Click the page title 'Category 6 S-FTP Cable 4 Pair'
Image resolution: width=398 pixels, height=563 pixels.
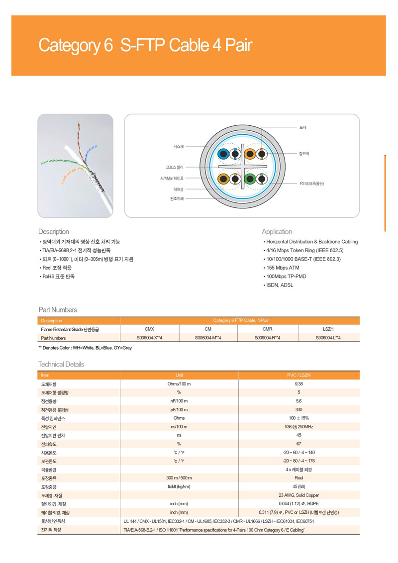[146, 45]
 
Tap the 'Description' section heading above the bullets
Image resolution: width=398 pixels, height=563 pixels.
[54, 231]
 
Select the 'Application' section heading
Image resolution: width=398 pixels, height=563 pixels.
[277, 231]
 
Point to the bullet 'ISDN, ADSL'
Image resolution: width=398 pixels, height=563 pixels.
[281, 285]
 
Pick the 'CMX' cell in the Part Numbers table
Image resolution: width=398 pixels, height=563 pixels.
[149, 329]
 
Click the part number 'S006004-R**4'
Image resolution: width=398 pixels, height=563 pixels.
[268, 338]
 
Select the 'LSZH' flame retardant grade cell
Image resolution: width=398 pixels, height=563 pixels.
[328, 329]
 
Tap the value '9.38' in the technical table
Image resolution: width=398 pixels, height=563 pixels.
[298, 384]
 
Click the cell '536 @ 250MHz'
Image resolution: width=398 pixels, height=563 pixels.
[298, 427]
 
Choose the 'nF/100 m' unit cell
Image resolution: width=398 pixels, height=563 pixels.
[179, 401]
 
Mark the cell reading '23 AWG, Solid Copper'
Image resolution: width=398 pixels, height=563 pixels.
[298, 495]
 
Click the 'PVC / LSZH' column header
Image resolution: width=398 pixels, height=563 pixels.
[298, 375]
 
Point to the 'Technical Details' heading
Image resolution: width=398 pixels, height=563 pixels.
[61, 364]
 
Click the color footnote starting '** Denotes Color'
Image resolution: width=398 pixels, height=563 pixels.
[85, 348]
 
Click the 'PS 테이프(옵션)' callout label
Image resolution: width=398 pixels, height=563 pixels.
[311, 184]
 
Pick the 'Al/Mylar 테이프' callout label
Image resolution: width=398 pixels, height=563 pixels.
[172, 178]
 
